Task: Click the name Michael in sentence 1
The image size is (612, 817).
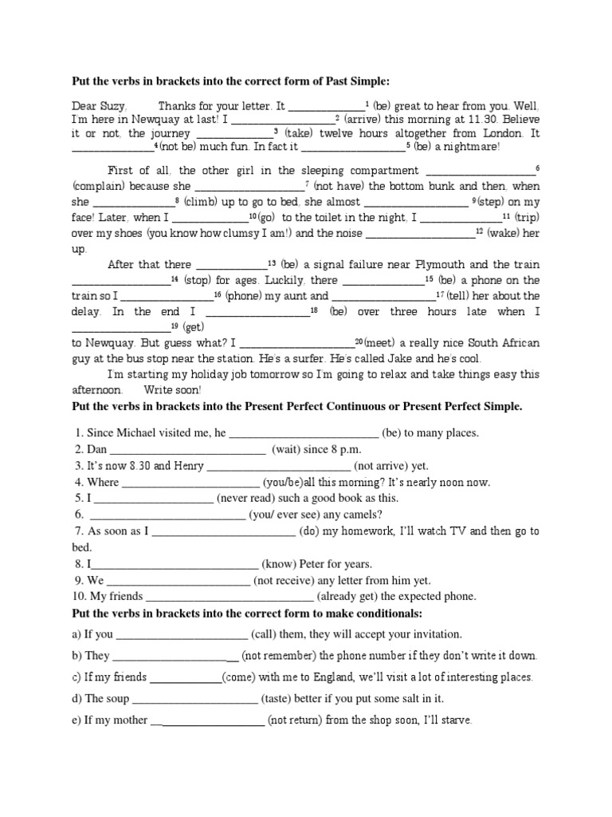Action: [x=139, y=433]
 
